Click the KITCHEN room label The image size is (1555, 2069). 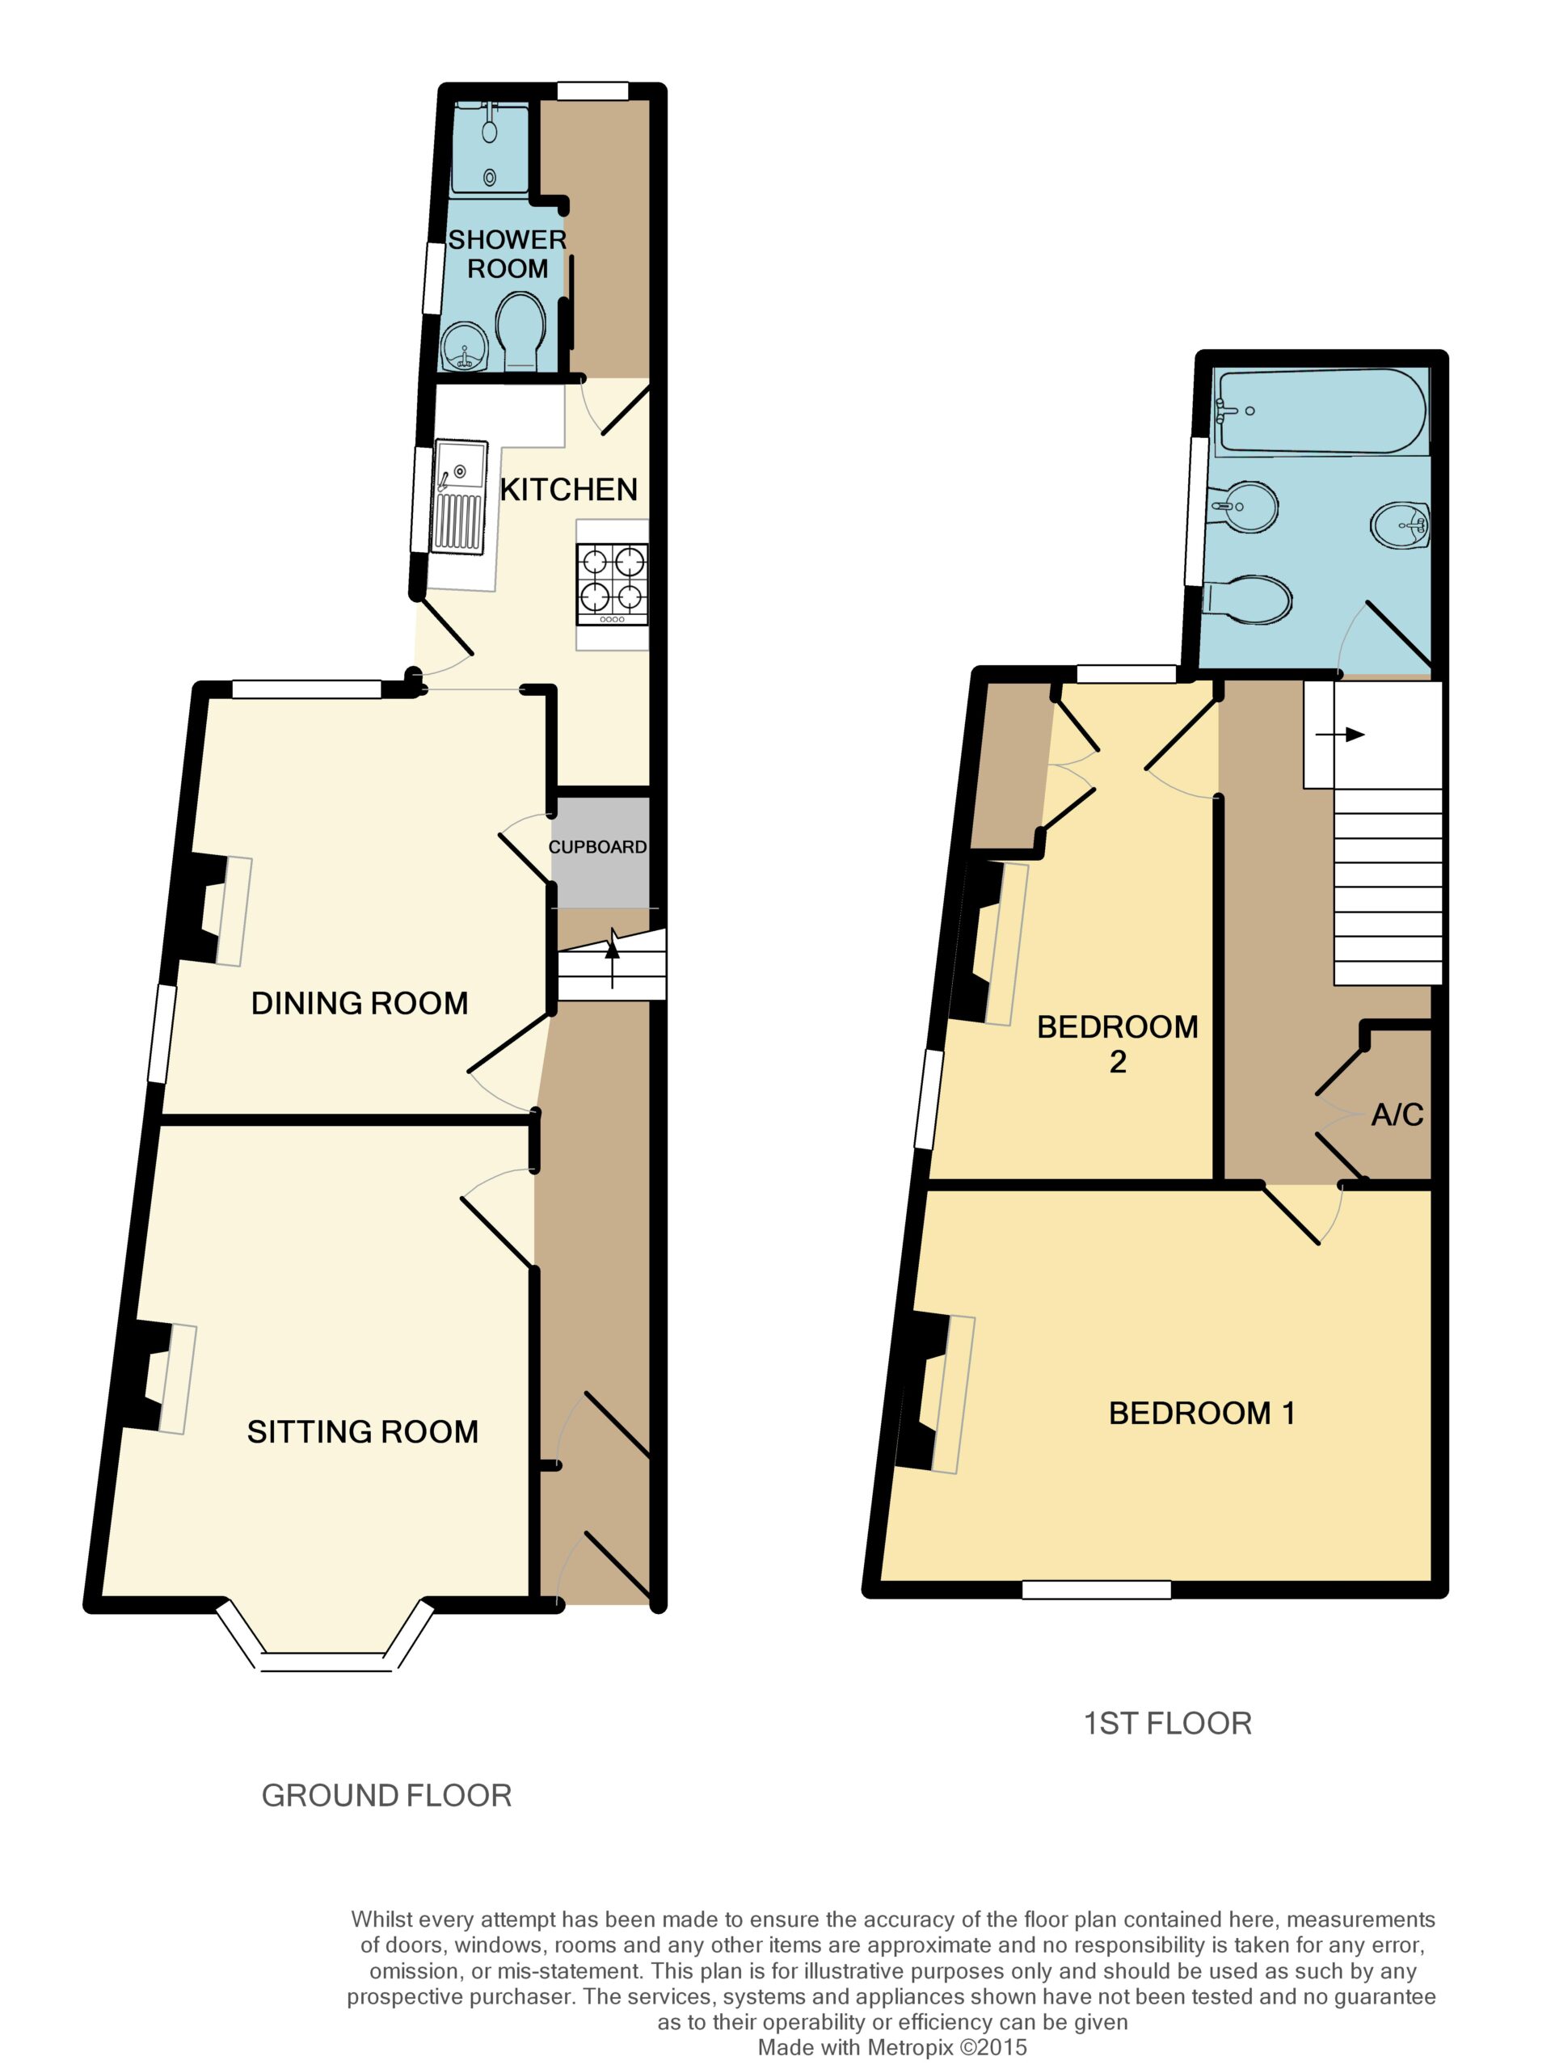tap(568, 489)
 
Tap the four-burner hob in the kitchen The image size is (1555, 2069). tap(613, 584)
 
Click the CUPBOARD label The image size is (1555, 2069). tap(597, 846)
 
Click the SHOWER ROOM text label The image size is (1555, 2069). tap(507, 255)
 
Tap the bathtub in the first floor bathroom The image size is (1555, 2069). tap(1320, 411)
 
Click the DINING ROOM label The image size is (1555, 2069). tap(360, 1003)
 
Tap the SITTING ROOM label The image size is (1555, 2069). tap(362, 1431)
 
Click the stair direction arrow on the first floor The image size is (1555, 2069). tap(1340, 734)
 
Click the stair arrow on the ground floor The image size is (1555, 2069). tap(613, 957)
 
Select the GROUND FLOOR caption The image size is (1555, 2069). tap(386, 1795)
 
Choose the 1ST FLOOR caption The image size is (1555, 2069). tap(1167, 1723)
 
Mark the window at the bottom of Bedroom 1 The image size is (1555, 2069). tap(1096, 1589)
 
